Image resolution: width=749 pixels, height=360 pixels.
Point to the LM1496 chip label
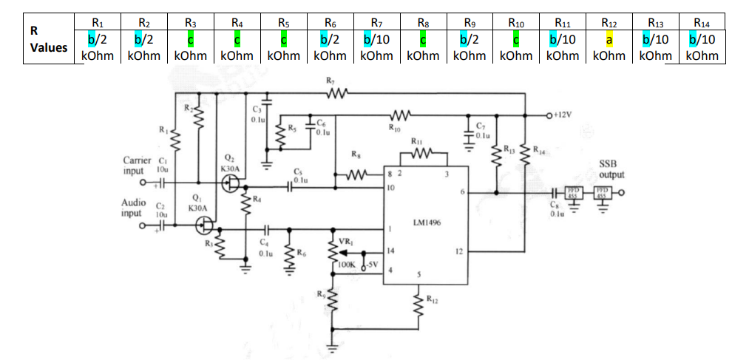424,222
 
